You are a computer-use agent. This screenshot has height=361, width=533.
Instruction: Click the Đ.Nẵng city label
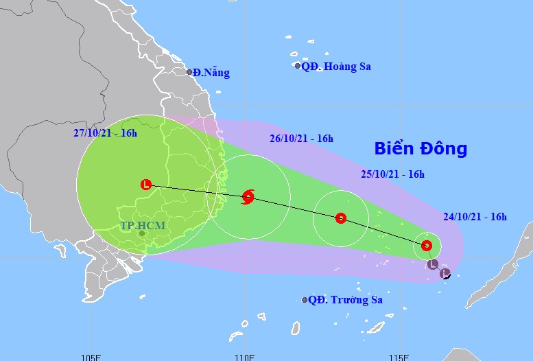click(x=211, y=73)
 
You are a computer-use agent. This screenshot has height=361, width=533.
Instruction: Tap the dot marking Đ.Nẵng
click(x=189, y=71)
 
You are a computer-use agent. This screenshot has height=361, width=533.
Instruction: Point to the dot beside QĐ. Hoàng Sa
click(x=298, y=66)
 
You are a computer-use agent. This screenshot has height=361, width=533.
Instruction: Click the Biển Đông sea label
click(x=421, y=148)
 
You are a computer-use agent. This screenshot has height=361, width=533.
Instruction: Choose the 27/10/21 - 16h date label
click(x=106, y=133)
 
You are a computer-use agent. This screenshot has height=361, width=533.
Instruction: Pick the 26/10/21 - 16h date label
click(x=301, y=139)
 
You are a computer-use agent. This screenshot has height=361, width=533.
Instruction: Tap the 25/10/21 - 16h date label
click(x=392, y=174)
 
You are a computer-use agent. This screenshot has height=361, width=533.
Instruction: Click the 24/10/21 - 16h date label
click(x=475, y=217)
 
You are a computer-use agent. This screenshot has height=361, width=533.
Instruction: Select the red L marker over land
click(x=145, y=184)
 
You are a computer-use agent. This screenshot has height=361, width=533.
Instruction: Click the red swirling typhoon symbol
click(x=248, y=198)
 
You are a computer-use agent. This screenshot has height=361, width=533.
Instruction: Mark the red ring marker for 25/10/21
click(x=341, y=219)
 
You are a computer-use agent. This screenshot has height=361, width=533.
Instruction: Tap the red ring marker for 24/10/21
click(x=427, y=245)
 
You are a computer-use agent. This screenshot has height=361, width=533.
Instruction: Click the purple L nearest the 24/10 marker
click(x=432, y=264)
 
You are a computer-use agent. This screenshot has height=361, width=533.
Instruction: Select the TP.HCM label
click(x=143, y=224)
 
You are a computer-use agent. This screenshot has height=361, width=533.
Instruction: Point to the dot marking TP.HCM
click(x=141, y=234)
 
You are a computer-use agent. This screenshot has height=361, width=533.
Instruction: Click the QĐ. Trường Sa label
click(x=345, y=300)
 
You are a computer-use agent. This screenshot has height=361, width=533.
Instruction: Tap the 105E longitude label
click(x=91, y=357)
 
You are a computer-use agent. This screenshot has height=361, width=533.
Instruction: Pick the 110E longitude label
click(x=245, y=357)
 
